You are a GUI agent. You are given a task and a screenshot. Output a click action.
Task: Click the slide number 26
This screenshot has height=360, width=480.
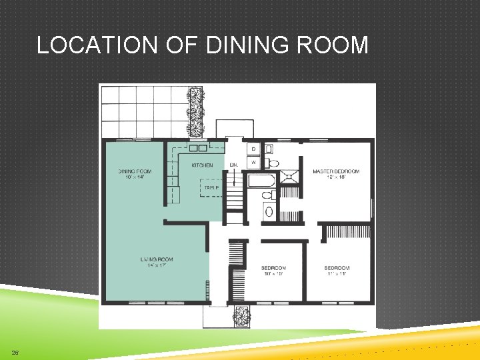(x=14, y=352)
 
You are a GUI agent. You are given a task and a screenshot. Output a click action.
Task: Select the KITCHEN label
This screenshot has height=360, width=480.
(x=202, y=165)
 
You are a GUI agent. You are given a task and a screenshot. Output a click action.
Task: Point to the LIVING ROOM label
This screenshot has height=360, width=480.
(x=157, y=259)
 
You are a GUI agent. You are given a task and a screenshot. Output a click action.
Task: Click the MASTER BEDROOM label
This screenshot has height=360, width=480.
(x=336, y=171)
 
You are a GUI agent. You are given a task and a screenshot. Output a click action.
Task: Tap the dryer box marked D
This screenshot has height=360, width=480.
(x=253, y=149)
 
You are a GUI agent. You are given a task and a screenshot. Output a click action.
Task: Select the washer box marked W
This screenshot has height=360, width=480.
(x=253, y=162)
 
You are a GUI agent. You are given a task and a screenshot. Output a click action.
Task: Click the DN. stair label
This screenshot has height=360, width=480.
(x=234, y=165)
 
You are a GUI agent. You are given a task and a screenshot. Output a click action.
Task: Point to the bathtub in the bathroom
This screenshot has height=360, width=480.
(x=261, y=180)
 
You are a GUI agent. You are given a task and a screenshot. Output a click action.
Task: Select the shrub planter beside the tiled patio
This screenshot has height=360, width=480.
(x=195, y=111)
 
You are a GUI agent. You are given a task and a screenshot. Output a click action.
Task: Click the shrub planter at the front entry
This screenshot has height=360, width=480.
(x=240, y=314)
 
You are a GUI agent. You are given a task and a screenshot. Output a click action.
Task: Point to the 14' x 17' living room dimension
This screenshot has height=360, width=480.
(x=157, y=266)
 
